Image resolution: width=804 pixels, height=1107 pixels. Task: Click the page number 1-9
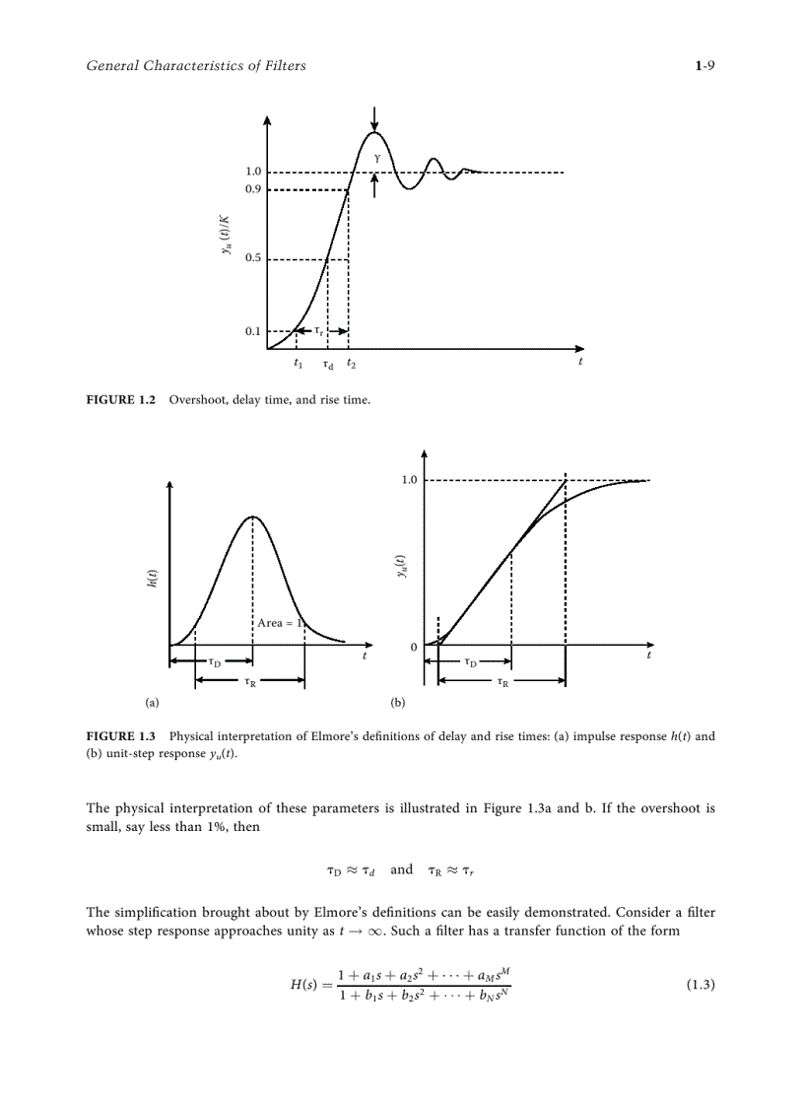(x=704, y=66)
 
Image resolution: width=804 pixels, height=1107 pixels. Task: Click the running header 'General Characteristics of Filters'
(x=196, y=66)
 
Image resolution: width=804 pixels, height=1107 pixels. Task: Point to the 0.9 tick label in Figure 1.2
(x=253, y=189)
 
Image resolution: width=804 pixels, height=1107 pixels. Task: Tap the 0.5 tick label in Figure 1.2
(x=253, y=259)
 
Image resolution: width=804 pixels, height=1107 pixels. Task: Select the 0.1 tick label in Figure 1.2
(x=253, y=331)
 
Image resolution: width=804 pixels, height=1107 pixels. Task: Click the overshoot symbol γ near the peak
(x=375, y=157)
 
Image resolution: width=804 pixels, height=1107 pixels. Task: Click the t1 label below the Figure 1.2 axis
(x=298, y=364)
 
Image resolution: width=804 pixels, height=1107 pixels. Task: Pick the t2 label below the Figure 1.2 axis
(x=351, y=364)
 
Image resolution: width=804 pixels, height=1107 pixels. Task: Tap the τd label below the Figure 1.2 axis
(x=327, y=364)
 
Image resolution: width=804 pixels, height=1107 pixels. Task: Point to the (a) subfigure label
(x=151, y=703)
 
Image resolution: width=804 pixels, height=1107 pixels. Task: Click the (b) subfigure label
(x=398, y=703)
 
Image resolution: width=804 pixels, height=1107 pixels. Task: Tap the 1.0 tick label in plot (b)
(x=408, y=480)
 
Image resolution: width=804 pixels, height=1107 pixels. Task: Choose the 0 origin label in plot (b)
(x=413, y=647)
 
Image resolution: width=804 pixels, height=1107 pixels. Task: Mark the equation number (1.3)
(x=700, y=985)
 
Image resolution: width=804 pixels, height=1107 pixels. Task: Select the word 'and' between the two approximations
(x=402, y=869)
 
